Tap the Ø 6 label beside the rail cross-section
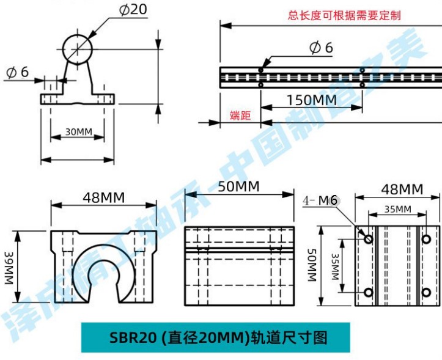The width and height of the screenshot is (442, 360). click(17, 72)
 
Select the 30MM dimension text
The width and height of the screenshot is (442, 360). click(78, 131)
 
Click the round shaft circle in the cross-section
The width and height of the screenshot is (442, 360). click(78, 46)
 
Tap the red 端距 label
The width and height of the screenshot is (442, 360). click(240, 115)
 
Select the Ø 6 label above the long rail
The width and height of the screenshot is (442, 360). click(321, 48)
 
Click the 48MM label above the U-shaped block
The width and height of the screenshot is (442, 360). click(104, 197)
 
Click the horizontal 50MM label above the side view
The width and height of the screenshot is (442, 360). click(238, 186)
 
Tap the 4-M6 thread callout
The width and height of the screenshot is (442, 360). click(320, 200)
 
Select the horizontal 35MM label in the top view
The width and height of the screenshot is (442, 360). click(397, 209)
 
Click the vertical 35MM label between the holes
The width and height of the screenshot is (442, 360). click(334, 266)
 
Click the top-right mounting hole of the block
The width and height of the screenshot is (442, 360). click(426, 238)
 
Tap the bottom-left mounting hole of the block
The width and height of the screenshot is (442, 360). click(368, 293)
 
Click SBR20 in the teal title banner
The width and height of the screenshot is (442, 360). click(133, 337)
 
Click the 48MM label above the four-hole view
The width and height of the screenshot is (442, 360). click(402, 189)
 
